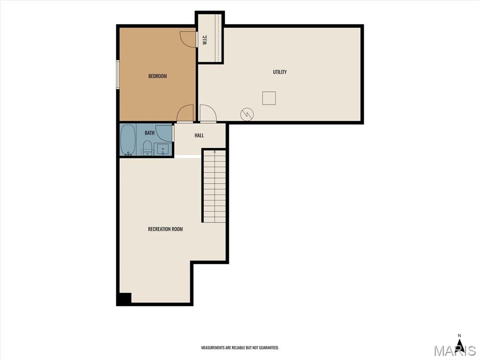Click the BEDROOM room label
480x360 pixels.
pos(157,76)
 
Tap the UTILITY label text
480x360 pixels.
pos(280,72)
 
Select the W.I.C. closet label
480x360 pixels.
pos(205,39)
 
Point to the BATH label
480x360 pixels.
pos(150,133)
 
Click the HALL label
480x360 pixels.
pos(199,135)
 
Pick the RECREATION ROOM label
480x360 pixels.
pos(165,229)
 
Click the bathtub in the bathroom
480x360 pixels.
pos(127,140)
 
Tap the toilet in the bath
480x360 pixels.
pos(148,148)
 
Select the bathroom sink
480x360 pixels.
pos(163,150)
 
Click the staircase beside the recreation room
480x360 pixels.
pos(215,186)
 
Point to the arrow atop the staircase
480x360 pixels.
pos(215,151)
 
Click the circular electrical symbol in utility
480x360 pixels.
pos(247,114)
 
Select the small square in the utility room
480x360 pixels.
pos(269,98)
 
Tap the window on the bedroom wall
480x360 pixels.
pos(118,75)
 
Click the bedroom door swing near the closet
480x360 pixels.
pos(187,39)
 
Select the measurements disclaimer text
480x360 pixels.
pos(240,347)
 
